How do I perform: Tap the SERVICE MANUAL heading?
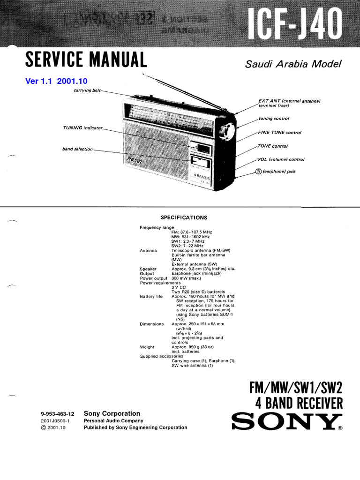tap(86, 60)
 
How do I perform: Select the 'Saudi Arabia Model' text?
tap(294, 64)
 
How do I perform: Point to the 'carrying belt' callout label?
tap(87, 90)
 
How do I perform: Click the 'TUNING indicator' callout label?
tap(82, 127)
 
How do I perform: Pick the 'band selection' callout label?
tap(78, 150)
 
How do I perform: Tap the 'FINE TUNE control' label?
tap(280, 133)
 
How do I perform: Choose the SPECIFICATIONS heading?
tap(184, 217)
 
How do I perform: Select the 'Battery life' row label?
tap(151, 297)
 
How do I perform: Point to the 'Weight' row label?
tap(147, 347)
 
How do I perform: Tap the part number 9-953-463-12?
tap(58, 414)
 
